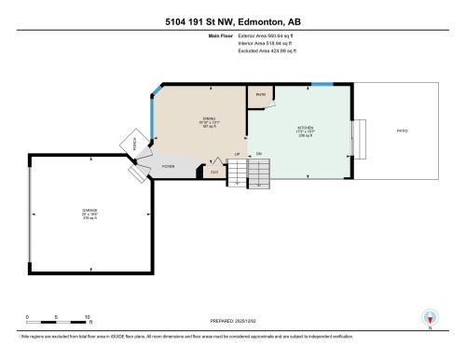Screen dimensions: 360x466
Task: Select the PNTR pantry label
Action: pyautogui.click(x=260, y=94)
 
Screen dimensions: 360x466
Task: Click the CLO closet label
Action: pyautogui.click(x=214, y=171)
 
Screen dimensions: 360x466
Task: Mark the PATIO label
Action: pyautogui.click(x=402, y=131)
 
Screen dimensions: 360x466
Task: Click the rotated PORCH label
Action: pyautogui.click(x=135, y=145)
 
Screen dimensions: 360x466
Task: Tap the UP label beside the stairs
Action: pyautogui.click(x=238, y=153)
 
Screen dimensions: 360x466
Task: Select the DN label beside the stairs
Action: pyautogui.click(x=258, y=153)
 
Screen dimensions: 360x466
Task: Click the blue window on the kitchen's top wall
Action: pyautogui.click(x=322, y=85)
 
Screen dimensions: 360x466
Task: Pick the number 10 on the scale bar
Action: pyautogui.click(x=88, y=317)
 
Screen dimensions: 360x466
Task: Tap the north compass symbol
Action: pyautogui.click(x=430, y=317)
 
